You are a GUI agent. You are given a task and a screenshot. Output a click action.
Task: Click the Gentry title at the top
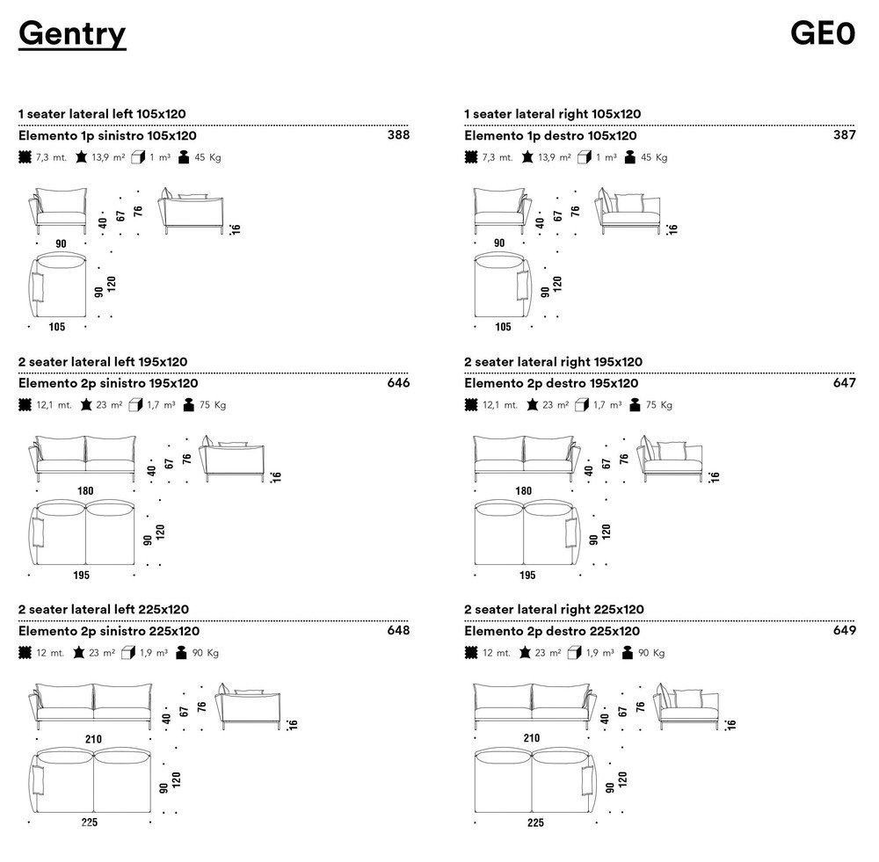point(72,34)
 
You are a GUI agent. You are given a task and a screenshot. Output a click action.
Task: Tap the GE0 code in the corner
point(823,33)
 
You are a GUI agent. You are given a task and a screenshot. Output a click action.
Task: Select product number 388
point(398,135)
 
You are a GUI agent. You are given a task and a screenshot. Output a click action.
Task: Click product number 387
point(845,135)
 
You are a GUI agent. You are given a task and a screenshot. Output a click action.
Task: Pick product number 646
point(398,383)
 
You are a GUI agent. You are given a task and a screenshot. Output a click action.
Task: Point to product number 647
point(845,383)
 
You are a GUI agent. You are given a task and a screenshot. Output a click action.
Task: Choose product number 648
point(398,631)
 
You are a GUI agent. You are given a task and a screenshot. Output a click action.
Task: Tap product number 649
point(845,631)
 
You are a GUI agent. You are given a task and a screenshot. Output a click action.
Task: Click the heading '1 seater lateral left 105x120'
point(102,113)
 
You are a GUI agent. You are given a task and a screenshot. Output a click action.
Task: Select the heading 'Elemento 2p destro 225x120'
point(552,632)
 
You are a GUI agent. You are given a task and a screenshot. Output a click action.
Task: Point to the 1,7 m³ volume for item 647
point(607,405)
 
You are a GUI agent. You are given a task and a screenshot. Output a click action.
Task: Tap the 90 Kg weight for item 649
point(651,653)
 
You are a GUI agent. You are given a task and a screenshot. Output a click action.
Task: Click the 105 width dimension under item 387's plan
point(504,327)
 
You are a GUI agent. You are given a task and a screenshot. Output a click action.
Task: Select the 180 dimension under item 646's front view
point(85,491)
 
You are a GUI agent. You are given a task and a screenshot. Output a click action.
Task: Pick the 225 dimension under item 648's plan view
point(89,822)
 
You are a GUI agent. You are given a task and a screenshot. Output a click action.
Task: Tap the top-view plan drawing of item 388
point(58,285)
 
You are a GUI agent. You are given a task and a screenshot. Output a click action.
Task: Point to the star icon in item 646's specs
point(86,405)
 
